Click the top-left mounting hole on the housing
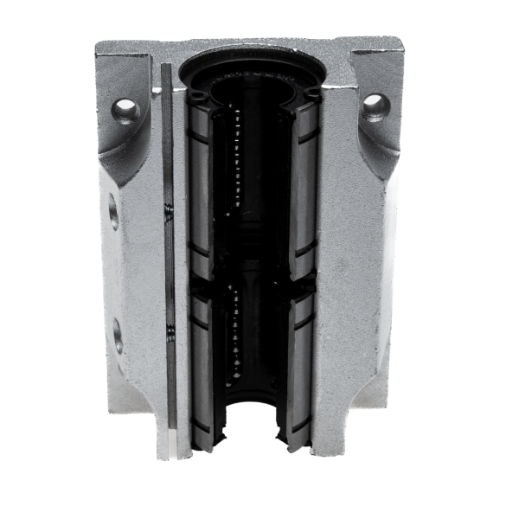(125, 110)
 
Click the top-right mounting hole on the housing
(375, 106)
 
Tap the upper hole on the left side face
(113, 212)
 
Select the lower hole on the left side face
(117, 335)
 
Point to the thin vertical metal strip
(169, 259)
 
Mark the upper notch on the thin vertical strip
(170, 208)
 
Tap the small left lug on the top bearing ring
(197, 94)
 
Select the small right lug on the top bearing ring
(311, 94)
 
